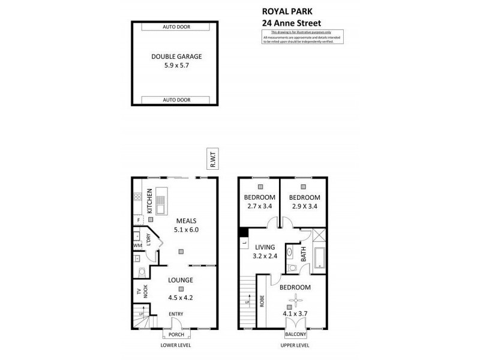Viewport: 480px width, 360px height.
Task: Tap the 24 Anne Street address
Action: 296,23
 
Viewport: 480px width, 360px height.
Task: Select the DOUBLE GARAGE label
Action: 176,56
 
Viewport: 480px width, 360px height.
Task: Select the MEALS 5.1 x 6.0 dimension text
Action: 185,229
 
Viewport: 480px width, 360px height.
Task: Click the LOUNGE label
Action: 180,280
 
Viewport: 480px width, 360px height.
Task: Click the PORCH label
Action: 176,335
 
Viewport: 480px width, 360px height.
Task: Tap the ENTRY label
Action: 176,314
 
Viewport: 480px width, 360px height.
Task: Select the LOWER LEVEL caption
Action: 176,346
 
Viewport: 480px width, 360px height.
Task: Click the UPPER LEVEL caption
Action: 295,346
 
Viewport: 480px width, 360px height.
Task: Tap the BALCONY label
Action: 296,335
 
